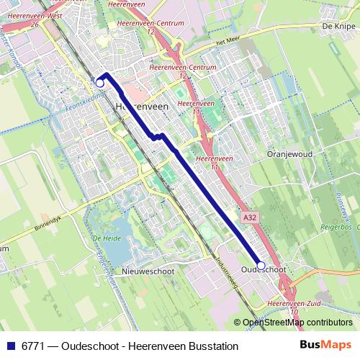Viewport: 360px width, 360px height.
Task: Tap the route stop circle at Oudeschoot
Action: pyautogui.click(x=261, y=265)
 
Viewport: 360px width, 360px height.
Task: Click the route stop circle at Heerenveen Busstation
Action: pyautogui.click(x=100, y=83)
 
